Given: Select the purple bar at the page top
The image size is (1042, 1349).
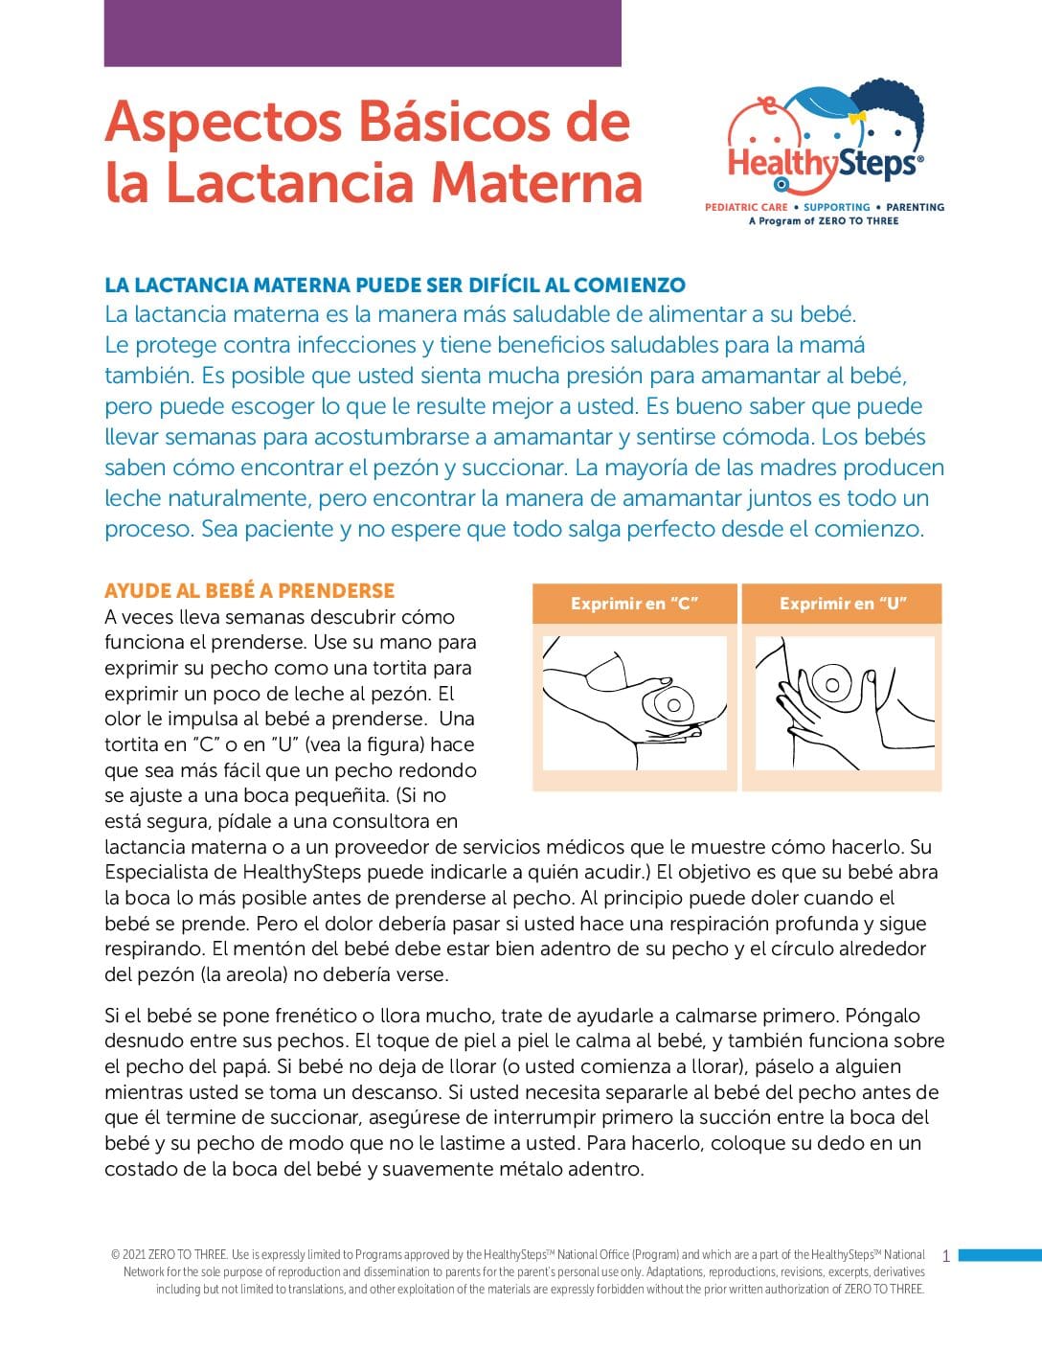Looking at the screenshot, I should [x=362, y=33].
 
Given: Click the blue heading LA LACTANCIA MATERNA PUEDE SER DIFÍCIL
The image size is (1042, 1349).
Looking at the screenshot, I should [x=395, y=285].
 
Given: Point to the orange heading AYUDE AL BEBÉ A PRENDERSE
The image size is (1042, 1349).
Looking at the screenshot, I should [x=249, y=590].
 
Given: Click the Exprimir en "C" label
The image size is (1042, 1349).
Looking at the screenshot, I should [x=634, y=604].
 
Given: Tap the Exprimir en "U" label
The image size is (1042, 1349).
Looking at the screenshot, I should [x=843, y=604].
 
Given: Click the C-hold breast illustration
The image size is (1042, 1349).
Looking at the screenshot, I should [x=634, y=702].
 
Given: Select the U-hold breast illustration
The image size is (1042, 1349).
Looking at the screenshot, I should [x=844, y=702].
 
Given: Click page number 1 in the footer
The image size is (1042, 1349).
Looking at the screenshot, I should [x=946, y=1256].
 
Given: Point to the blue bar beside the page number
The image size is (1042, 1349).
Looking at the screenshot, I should [x=999, y=1255].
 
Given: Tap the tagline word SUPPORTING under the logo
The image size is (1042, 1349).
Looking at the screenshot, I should [x=836, y=207].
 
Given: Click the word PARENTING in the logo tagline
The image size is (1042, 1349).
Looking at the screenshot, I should [x=915, y=207].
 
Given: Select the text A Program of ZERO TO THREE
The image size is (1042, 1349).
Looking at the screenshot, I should [x=824, y=221].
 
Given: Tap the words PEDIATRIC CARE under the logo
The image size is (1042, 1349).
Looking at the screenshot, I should [x=746, y=207].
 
